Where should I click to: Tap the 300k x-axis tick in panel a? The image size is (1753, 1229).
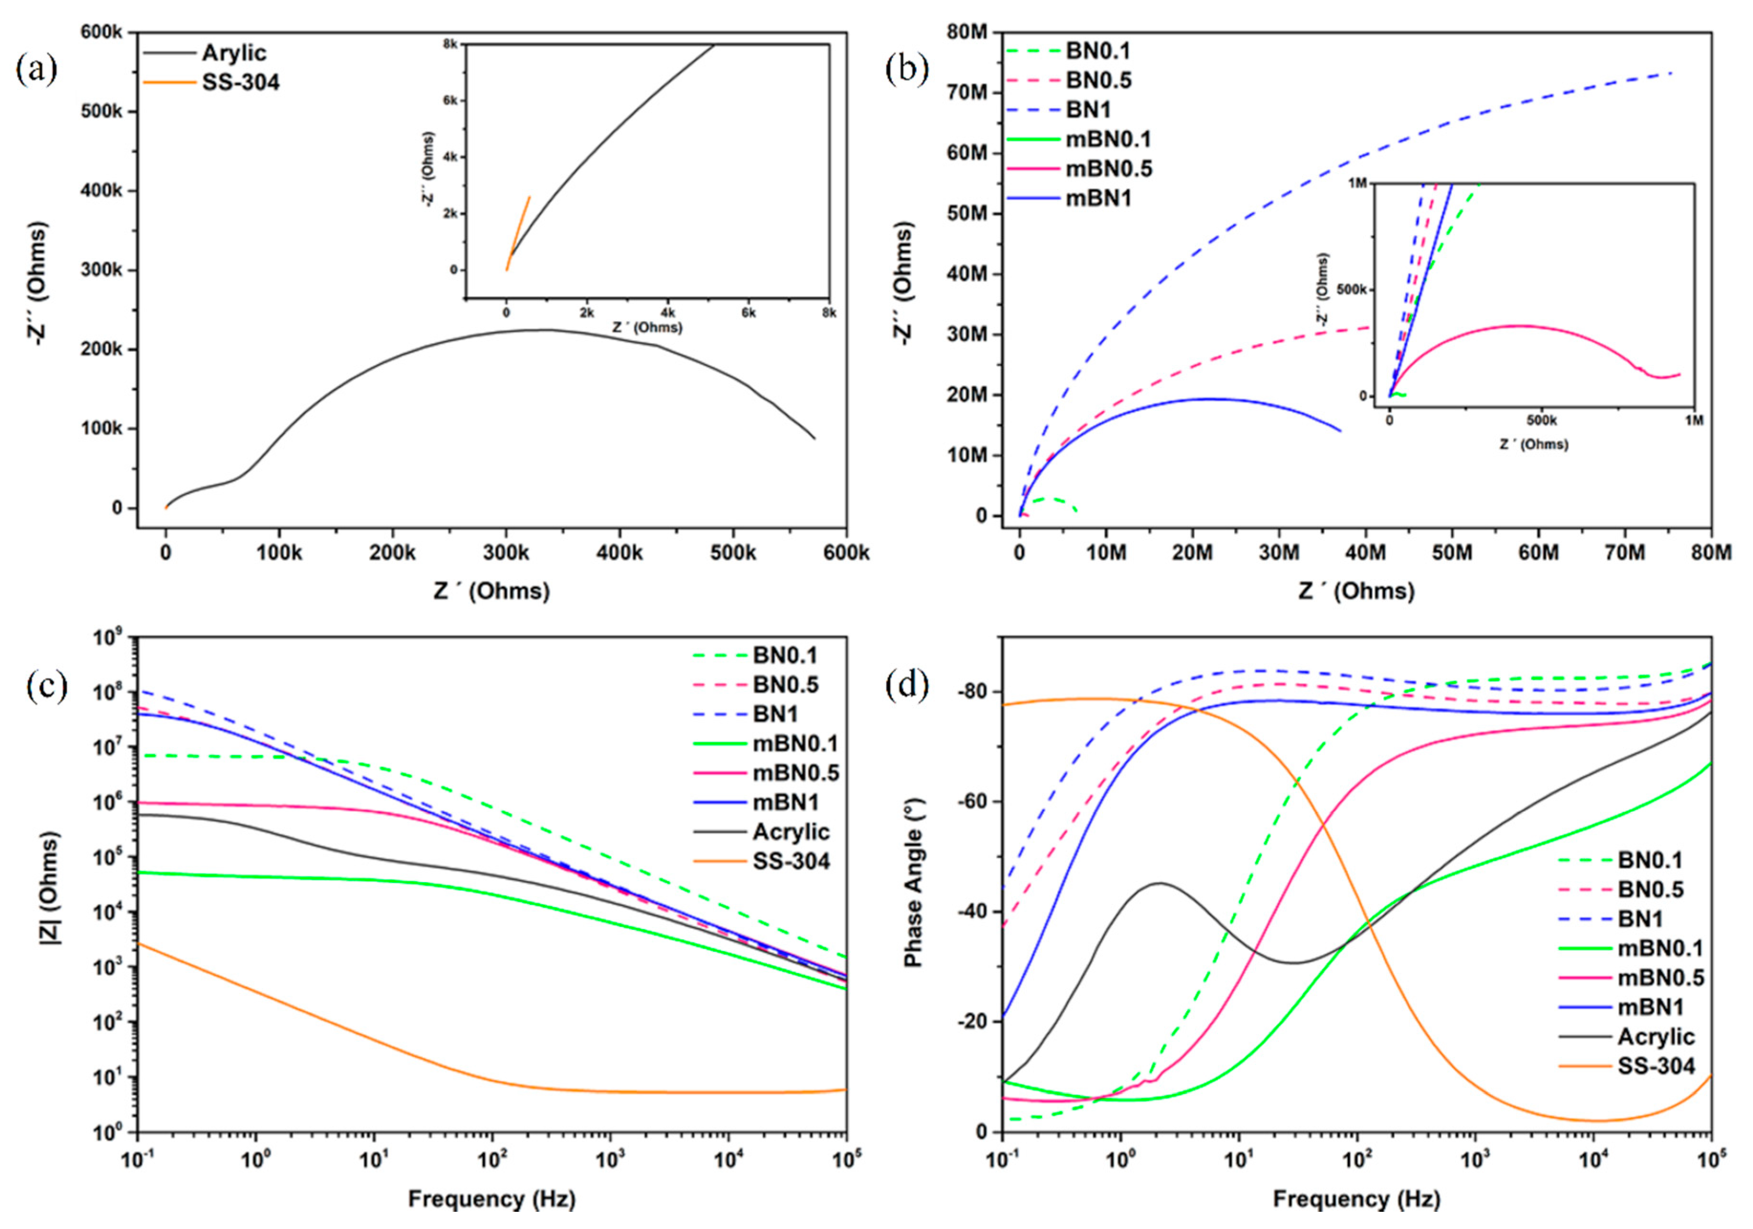coord(505,552)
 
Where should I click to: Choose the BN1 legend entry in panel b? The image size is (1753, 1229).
coord(1088,110)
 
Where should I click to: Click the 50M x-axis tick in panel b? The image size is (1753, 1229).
coord(1452,552)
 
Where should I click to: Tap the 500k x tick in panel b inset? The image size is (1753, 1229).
coord(1541,420)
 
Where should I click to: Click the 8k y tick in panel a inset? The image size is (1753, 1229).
coord(451,44)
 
